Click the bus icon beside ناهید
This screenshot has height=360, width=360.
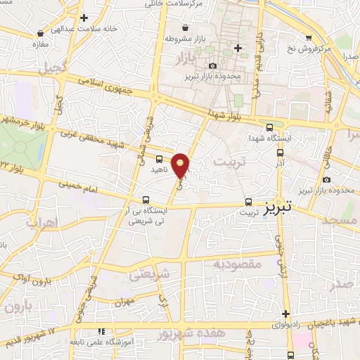(159, 159)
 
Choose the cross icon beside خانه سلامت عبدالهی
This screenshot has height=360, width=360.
(84, 18)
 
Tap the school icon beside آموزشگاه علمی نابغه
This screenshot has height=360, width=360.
(101, 330)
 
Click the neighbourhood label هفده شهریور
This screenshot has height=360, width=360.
(188, 333)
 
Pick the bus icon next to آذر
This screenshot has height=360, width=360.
(280, 152)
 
